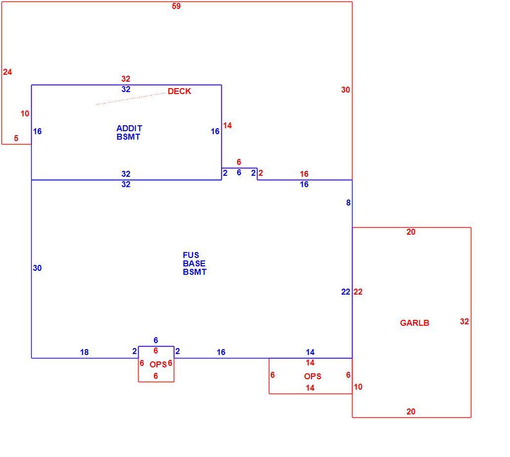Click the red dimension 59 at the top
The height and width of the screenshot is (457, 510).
(x=176, y=6)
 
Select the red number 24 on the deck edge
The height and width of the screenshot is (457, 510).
(x=7, y=72)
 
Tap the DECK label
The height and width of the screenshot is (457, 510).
(x=179, y=92)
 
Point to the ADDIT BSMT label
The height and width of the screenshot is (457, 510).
(x=129, y=132)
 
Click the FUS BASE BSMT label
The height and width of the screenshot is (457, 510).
(x=195, y=263)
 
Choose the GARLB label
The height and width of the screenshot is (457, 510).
(x=414, y=323)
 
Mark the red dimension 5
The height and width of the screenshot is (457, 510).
(x=16, y=138)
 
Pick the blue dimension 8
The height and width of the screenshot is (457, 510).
(x=349, y=203)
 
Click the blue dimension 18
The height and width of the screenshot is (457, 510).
(x=84, y=352)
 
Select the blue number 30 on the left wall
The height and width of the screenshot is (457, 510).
(x=37, y=268)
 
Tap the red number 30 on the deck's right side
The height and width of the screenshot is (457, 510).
(x=346, y=90)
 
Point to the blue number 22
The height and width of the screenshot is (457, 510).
(x=346, y=292)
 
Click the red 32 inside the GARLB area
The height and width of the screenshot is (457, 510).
(x=464, y=321)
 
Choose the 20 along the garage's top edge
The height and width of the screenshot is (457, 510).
(x=411, y=232)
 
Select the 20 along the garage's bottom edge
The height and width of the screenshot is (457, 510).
(x=411, y=411)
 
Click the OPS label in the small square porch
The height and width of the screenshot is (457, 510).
(x=158, y=364)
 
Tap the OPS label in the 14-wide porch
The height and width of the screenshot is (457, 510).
(x=312, y=376)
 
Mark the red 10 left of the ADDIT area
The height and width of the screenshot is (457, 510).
(x=25, y=113)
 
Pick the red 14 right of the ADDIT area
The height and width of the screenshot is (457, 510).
(x=227, y=125)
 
